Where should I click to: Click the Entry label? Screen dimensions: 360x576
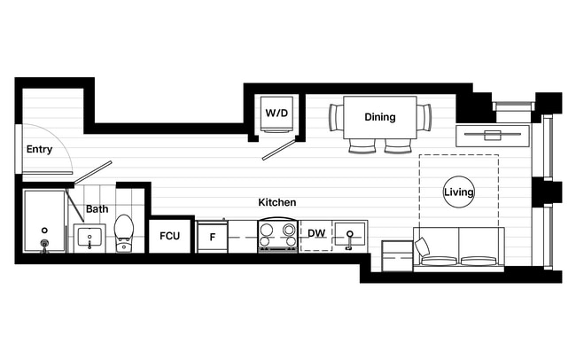pyautogui.click(x=39, y=149)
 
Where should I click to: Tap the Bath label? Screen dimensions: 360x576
pyautogui.click(x=97, y=210)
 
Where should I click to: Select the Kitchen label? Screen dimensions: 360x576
pyautogui.click(x=276, y=202)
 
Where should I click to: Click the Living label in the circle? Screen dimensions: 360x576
pyautogui.click(x=459, y=192)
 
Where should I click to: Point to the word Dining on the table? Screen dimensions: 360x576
pyautogui.click(x=380, y=117)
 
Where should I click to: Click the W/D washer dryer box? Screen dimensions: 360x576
pyautogui.click(x=276, y=113)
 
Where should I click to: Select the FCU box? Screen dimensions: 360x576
pyautogui.click(x=170, y=237)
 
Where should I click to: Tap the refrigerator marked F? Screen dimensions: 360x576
pyautogui.click(x=213, y=237)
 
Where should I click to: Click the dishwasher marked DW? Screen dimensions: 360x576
pyautogui.click(x=316, y=235)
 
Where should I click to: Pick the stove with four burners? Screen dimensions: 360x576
pyautogui.click(x=276, y=236)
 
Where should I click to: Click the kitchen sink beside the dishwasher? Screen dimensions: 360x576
pyautogui.click(x=351, y=236)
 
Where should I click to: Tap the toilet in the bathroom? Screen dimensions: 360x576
pyautogui.click(x=124, y=232)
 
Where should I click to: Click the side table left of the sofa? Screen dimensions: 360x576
pyautogui.click(x=396, y=254)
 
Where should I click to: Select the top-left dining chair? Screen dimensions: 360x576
pyautogui.click(x=336, y=116)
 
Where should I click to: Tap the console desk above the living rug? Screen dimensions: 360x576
pyautogui.click(x=492, y=136)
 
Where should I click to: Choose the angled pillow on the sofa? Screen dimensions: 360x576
pyautogui.click(x=423, y=248)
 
